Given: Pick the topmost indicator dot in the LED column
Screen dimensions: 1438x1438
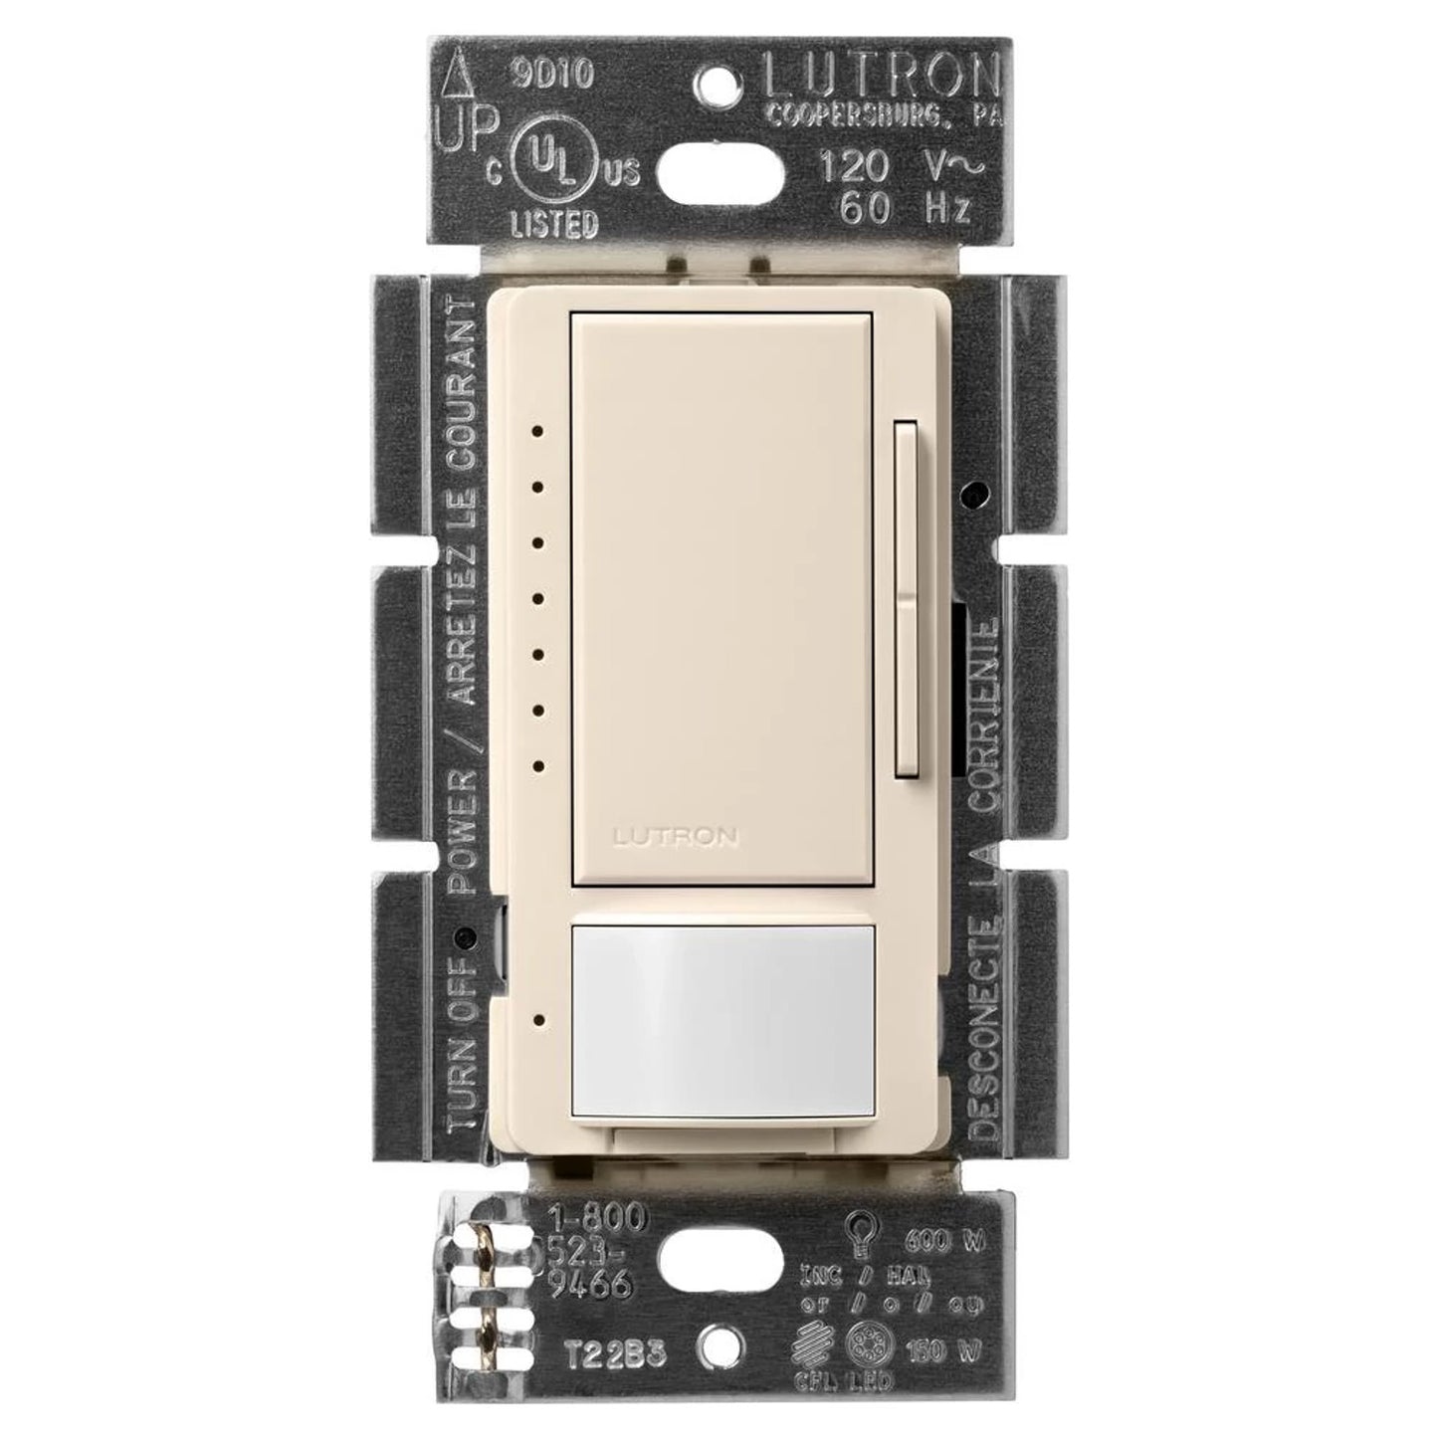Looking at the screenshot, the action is coord(537,432).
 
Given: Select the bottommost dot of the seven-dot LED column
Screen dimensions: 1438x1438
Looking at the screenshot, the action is coord(537,766).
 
